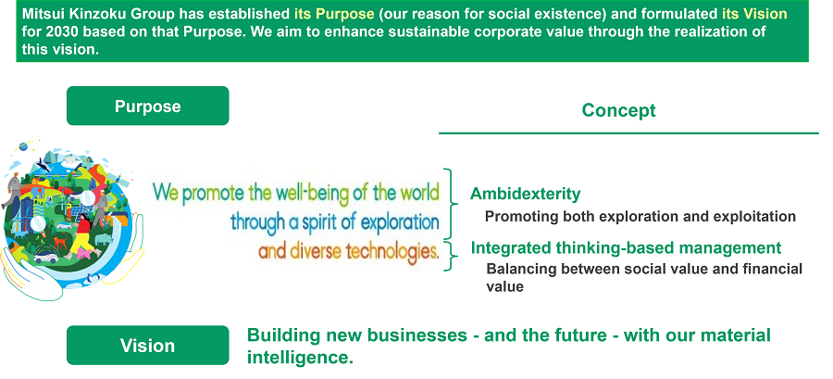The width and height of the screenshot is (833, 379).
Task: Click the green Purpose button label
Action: tap(148, 106)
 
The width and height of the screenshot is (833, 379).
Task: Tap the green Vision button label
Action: tap(148, 346)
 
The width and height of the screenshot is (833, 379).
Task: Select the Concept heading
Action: tap(619, 110)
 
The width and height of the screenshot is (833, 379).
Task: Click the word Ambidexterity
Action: tap(525, 194)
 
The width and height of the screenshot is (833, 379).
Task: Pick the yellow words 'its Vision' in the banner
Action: tap(754, 13)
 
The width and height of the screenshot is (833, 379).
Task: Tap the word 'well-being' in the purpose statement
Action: tap(311, 194)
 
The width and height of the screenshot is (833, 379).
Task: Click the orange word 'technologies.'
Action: tap(392, 251)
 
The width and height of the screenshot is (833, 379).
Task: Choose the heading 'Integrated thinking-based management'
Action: tap(627, 247)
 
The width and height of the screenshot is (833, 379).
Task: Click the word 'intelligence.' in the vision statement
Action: tap(300, 357)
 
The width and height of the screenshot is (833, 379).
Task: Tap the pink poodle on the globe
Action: tap(82, 253)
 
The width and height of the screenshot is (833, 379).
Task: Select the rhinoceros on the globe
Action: tap(104, 239)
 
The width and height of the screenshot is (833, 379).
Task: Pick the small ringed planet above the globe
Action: tap(23, 146)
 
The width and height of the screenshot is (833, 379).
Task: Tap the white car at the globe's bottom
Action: tap(45, 259)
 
